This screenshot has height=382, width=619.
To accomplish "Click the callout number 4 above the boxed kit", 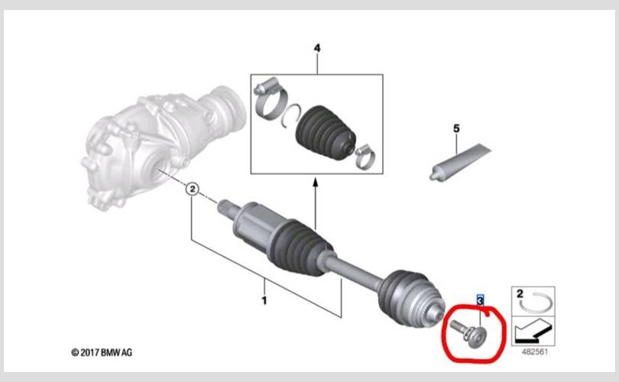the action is point(317,48).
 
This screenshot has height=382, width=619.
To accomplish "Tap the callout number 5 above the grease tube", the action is point(456,128).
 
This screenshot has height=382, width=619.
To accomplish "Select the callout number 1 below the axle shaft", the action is point(264,300).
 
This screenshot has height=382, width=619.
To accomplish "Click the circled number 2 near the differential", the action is point(193,189).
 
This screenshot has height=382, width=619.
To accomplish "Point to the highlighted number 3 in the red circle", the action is point(480,301).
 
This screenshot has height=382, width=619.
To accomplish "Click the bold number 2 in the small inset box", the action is point(520,293).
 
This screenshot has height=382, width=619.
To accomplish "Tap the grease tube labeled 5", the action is point(460,162).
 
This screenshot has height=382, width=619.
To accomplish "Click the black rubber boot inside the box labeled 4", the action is point(326,133).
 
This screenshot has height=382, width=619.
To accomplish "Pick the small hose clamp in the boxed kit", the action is point(365,157).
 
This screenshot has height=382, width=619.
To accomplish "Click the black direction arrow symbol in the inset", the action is point(533,331).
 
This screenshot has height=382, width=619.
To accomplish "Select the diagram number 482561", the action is point(534,351).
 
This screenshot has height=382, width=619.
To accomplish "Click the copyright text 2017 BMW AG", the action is point(102,352).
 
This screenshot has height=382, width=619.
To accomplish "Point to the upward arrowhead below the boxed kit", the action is point(315,183).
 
